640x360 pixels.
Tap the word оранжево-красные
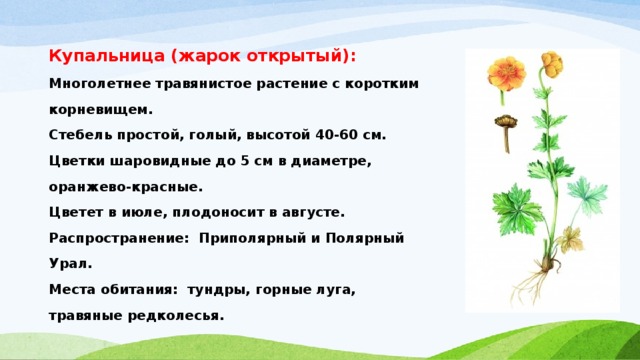click(125, 186)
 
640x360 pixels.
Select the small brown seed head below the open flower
click(503, 126)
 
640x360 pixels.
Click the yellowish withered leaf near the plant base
click(571, 237)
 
